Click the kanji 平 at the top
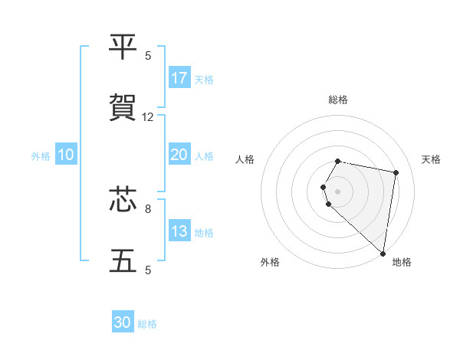pos(123,48)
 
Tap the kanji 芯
pos(123,201)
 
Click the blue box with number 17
pos(179,78)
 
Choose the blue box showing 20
pos(179,155)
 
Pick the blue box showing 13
pos(179,231)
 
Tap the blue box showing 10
pos(66,155)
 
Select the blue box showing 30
pos(123,322)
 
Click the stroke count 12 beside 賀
pos(148,117)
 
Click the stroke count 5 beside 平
pos(148,56)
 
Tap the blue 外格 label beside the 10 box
pos(41,156)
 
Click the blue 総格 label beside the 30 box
pos(148,324)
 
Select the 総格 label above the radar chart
pos(338,100)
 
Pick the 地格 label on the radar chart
pos(402,262)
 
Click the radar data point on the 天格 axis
pos(396,173)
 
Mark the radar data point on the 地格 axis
pos(383,253)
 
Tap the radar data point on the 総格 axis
pos(338,161)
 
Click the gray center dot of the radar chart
pos(338,191)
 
